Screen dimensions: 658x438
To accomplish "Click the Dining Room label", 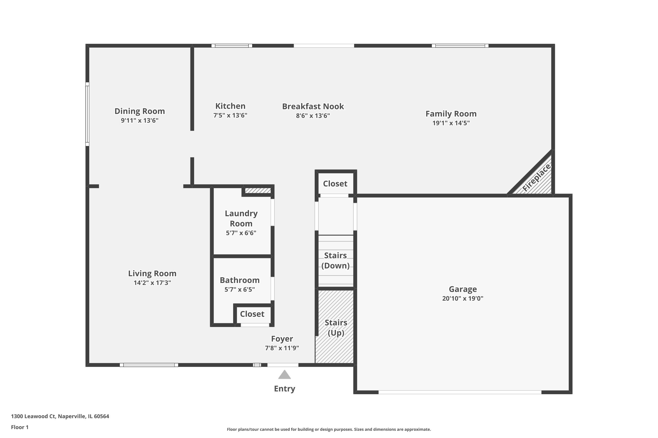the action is coord(139,111).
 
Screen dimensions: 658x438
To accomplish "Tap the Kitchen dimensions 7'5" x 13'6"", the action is coord(230,115).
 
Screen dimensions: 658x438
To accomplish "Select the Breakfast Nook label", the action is coord(313,106).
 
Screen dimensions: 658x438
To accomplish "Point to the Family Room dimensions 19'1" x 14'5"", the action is coord(451,123).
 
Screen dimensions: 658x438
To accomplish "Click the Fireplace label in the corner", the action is coord(536,178).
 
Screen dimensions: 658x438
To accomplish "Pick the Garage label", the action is coord(463,289).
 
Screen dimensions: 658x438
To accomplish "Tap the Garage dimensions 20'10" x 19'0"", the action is coord(463,298).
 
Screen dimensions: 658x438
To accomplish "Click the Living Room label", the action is coord(152,274).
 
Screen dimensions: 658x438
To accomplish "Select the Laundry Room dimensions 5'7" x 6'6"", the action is coord(241,233).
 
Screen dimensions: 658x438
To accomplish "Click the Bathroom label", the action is coord(240,280).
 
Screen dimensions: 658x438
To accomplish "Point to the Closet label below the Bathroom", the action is coord(252,314).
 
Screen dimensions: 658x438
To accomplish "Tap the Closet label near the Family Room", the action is coord(335,184).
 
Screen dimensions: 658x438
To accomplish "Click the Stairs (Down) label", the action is coord(335,260).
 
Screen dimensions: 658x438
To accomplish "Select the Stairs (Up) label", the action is coord(336,328).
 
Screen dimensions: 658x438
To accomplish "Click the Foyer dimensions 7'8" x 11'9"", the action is coord(282,348).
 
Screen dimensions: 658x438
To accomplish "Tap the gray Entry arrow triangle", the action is coord(284,375).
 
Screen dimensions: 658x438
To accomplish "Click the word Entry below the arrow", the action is coord(284,389).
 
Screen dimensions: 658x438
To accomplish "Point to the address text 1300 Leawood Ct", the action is coord(33,416).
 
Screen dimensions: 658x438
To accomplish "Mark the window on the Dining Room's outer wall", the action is coord(87,114).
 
